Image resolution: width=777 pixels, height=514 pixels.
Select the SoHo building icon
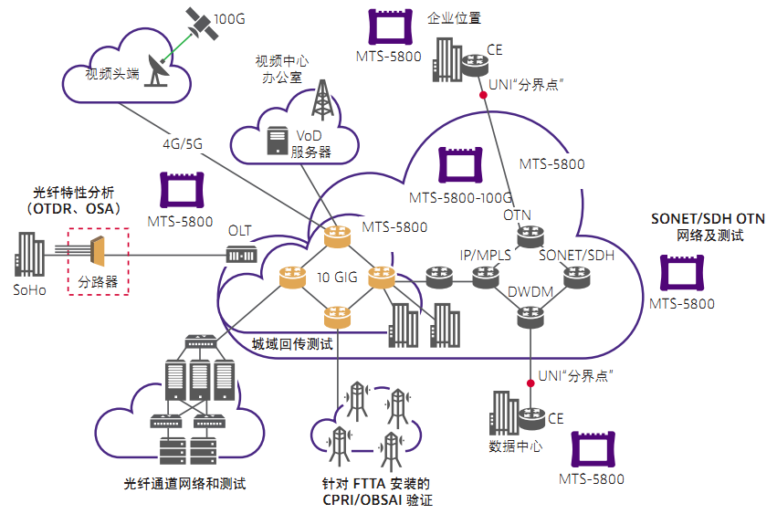coord(29,254)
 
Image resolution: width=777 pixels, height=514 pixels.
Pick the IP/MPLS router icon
coord(484,276)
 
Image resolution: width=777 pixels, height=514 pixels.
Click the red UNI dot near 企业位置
coord(482,95)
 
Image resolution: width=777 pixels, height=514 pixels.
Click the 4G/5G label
coord(183,144)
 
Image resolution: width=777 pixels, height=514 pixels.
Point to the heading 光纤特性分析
coord(75,192)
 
